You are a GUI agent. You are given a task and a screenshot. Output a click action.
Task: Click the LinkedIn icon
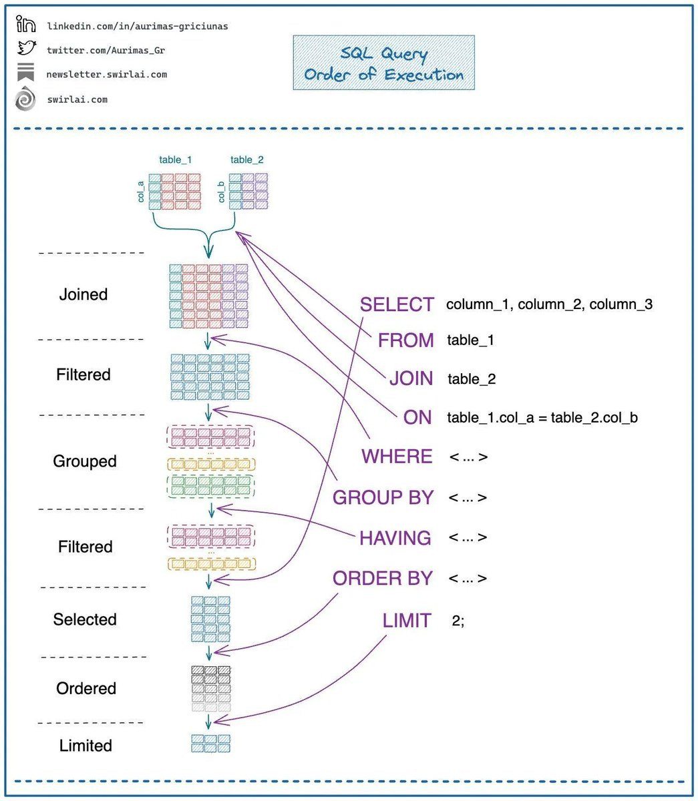(x=26, y=24)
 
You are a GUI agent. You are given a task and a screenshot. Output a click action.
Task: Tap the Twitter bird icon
(x=27, y=48)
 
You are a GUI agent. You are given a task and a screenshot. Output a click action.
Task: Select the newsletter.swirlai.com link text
(x=107, y=74)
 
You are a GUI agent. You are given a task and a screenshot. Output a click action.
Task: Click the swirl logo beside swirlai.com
(x=25, y=98)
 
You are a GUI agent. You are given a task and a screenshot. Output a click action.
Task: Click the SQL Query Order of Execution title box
(x=384, y=63)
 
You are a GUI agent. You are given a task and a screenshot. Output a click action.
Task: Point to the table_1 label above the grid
(x=175, y=160)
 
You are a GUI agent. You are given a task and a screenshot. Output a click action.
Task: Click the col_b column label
(x=221, y=192)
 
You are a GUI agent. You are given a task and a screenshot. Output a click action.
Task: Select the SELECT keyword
(x=397, y=304)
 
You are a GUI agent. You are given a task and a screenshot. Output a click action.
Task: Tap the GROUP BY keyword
(x=383, y=497)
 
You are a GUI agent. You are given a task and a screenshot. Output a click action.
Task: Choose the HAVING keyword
(x=395, y=537)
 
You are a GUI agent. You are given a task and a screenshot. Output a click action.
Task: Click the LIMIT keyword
(x=407, y=621)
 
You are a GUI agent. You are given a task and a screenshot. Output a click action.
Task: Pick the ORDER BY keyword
(x=383, y=578)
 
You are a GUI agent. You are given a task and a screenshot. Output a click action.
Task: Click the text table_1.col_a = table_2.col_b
(x=542, y=418)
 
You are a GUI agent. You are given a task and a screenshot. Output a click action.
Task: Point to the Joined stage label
(x=83, y=294)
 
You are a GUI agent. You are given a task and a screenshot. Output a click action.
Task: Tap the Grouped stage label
(x=85, y=461)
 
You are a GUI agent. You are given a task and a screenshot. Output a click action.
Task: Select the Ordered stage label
(x=86, y=688)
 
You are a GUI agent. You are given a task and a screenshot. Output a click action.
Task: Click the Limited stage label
(x=85, y=746)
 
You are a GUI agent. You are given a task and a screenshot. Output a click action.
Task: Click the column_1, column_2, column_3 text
(x=550, y=304)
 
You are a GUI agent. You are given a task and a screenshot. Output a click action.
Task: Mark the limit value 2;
(x=458, y=621)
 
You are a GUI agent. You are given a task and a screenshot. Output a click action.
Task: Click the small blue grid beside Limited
(x=210, y=744)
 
